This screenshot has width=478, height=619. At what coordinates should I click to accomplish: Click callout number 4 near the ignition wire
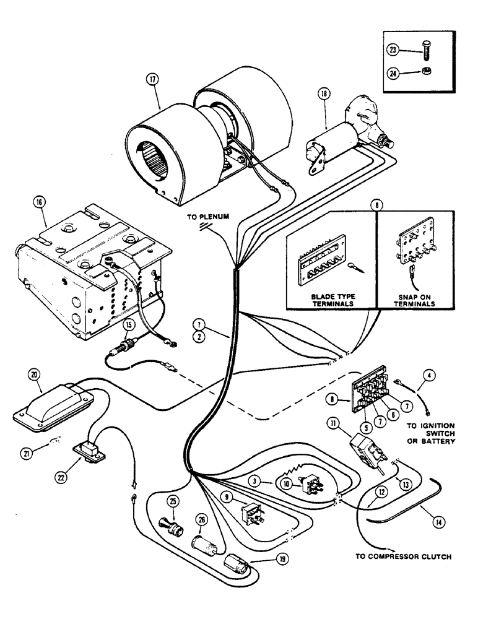pos(428,374)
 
